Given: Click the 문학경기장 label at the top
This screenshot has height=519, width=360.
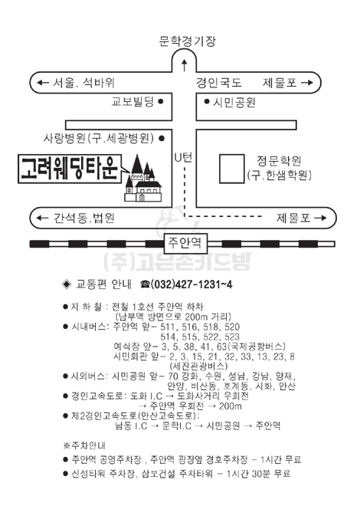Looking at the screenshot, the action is tap(187, 41).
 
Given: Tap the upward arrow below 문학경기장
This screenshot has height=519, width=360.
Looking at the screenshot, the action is tap(185, 65).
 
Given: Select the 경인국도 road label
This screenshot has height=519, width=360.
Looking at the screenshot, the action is tap(219, 83).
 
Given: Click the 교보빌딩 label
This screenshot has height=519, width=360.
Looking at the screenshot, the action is tap(133, 101).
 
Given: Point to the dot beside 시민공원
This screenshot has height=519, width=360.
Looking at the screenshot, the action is tap(207, 101).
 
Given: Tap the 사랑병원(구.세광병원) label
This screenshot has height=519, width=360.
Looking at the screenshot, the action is tap(99, 138).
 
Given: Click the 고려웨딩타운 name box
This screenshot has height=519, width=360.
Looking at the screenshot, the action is tap(70, 169).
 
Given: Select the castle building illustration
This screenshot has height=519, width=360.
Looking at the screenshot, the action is tap(143, 179).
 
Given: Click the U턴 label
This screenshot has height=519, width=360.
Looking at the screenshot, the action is tap(184, 158).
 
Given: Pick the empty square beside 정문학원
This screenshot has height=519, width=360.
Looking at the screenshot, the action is tap(232, 169).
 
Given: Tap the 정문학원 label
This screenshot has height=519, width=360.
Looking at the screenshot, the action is tap(279, 161).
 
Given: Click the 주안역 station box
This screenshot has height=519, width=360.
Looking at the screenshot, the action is tap(185, 243).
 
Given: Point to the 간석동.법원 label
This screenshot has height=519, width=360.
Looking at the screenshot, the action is tap(84, 218).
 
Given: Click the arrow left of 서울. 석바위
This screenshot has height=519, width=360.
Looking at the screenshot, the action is tap(43, 83).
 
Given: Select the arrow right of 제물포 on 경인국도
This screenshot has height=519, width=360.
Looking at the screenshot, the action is tap(306, 83).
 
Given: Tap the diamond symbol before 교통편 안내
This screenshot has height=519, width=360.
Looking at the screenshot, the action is tap(67, 284).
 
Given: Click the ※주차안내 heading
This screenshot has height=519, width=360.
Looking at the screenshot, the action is tap(84, 445).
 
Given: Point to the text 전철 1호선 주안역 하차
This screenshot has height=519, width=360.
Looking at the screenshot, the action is tap(158, 307).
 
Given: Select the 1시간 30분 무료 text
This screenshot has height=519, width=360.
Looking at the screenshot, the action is tap(259, 474).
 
